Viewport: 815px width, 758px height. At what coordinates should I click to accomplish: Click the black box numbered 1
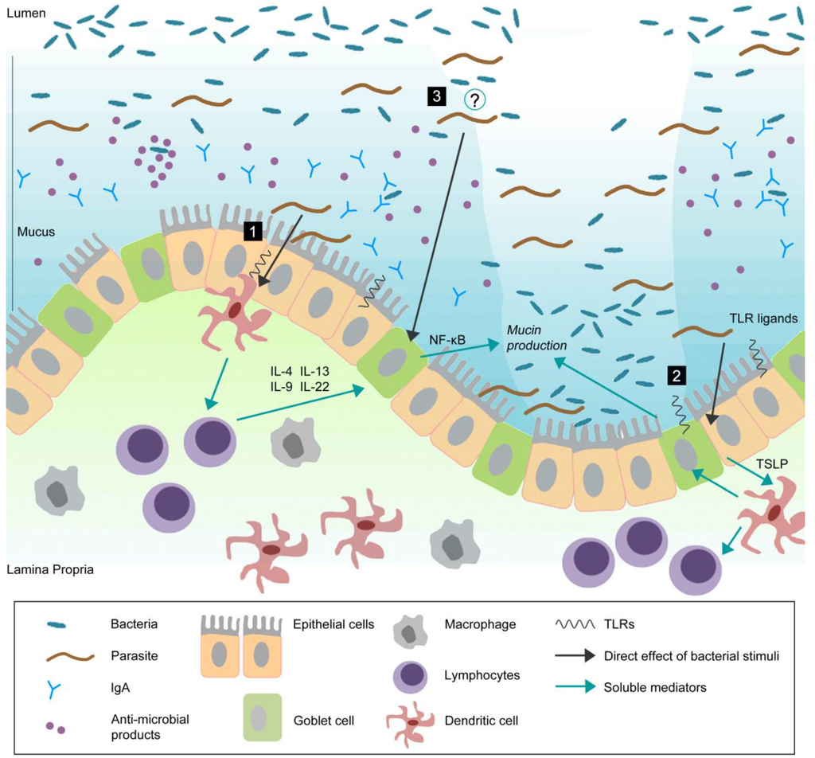click(252, 231)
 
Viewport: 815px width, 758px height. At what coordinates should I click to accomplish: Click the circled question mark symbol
click(476, 99)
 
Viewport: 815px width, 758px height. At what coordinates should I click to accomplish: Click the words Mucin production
click(539, 338)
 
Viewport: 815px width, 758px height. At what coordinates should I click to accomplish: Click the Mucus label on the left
click(36, 233)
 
